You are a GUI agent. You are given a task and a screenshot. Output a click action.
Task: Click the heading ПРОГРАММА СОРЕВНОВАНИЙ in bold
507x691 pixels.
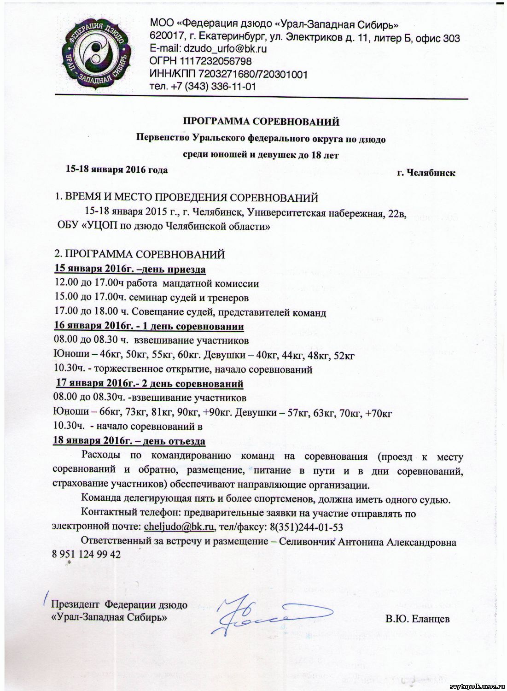(262, 122)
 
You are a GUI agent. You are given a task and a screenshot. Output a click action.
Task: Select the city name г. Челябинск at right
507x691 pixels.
(426, 173)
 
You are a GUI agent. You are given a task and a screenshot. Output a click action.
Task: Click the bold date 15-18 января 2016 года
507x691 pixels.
(117, 170)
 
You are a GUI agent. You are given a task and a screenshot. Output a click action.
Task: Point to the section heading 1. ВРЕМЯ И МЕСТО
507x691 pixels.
(186, 198)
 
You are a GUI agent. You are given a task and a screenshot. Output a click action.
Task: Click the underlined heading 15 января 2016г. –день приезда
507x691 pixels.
(130, 269)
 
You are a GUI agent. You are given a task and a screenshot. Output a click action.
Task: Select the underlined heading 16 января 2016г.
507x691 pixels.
(149, 327)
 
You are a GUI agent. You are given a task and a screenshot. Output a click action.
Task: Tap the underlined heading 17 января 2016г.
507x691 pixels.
(150, 384)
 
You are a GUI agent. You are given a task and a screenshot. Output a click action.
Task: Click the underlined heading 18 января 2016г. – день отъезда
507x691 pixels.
(129, 441)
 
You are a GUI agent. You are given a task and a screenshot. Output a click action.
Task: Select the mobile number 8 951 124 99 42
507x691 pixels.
(87, 555)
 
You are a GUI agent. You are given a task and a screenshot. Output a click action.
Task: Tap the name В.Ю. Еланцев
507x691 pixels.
(417, 619)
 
